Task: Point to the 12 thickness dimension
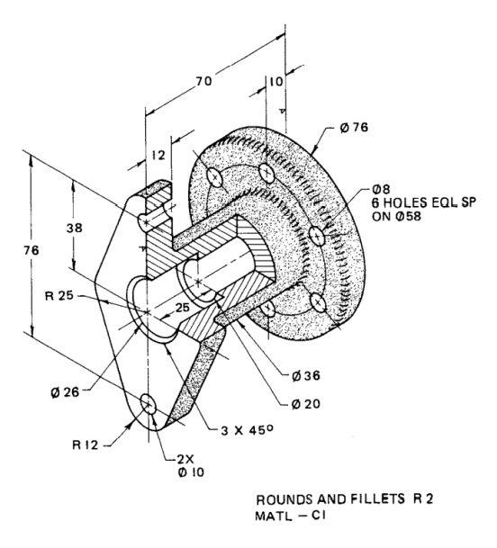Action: pyautogui.click(x=158, y=154)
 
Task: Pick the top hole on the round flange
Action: pyautogui.click(x=265, y=170)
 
